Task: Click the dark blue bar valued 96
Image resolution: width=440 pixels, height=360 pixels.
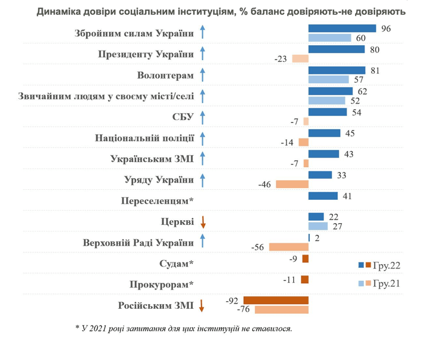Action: (x=342, y=28)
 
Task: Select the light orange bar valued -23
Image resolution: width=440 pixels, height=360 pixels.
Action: (x=300, y=58)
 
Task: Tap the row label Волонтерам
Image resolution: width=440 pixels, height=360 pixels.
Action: (x=165, y=75)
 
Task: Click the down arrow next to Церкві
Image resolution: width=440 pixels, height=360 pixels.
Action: (x=203, y=223)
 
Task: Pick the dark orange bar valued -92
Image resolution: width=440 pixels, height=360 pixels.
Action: (x=276, y=300)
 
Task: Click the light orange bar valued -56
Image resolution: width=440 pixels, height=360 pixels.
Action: (x=289, y=247)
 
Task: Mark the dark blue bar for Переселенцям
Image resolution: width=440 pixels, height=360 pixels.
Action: (x=323, y=196)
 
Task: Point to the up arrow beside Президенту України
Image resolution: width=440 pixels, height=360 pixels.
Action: (x=203, y=54)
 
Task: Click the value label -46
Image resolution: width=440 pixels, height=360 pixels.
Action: (x=265, y=184)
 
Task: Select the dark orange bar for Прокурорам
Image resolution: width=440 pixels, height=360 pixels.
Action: (x=304, y=279)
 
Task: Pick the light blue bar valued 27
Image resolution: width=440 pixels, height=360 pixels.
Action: (x=318, y=226)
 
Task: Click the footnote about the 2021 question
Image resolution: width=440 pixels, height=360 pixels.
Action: (x=184, y=328)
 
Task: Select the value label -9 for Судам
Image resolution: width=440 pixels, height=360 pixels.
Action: (x=294, y=259)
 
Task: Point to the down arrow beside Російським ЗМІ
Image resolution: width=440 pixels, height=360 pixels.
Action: (x=203, y=306)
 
